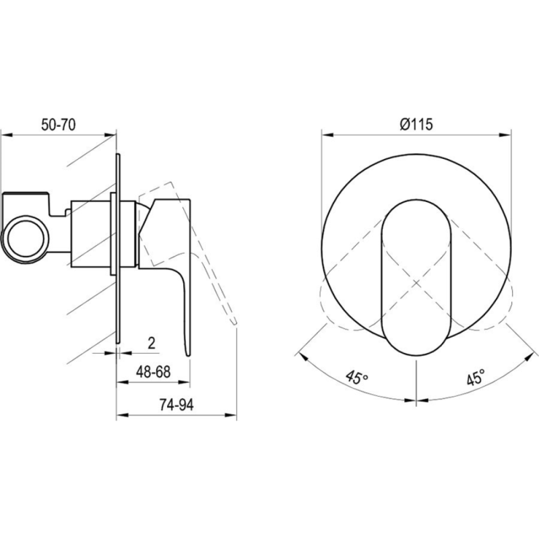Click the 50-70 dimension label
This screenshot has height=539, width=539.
click(59, 125)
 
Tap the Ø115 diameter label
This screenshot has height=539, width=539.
click(416, 124)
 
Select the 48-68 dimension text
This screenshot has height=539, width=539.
click(154, 372)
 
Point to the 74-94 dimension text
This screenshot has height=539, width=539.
click(177, 405)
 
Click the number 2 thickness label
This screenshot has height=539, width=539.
click(152, 343)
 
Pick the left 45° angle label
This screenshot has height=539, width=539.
click(357, 377)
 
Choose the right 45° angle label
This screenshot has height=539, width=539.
click(476, 377)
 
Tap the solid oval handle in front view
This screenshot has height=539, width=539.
click(416, 277)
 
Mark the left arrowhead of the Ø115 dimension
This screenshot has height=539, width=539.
click(327, 135)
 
